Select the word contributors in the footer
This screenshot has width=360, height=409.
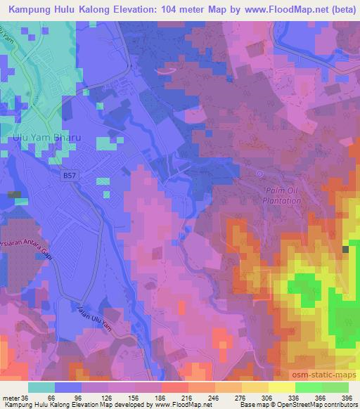pyautogui.click(x=340, y=405)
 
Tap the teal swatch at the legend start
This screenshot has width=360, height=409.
pyautogui.click(x=41, y=387)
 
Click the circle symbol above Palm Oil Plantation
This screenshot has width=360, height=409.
pyautogui.click(x=259, y=174)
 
